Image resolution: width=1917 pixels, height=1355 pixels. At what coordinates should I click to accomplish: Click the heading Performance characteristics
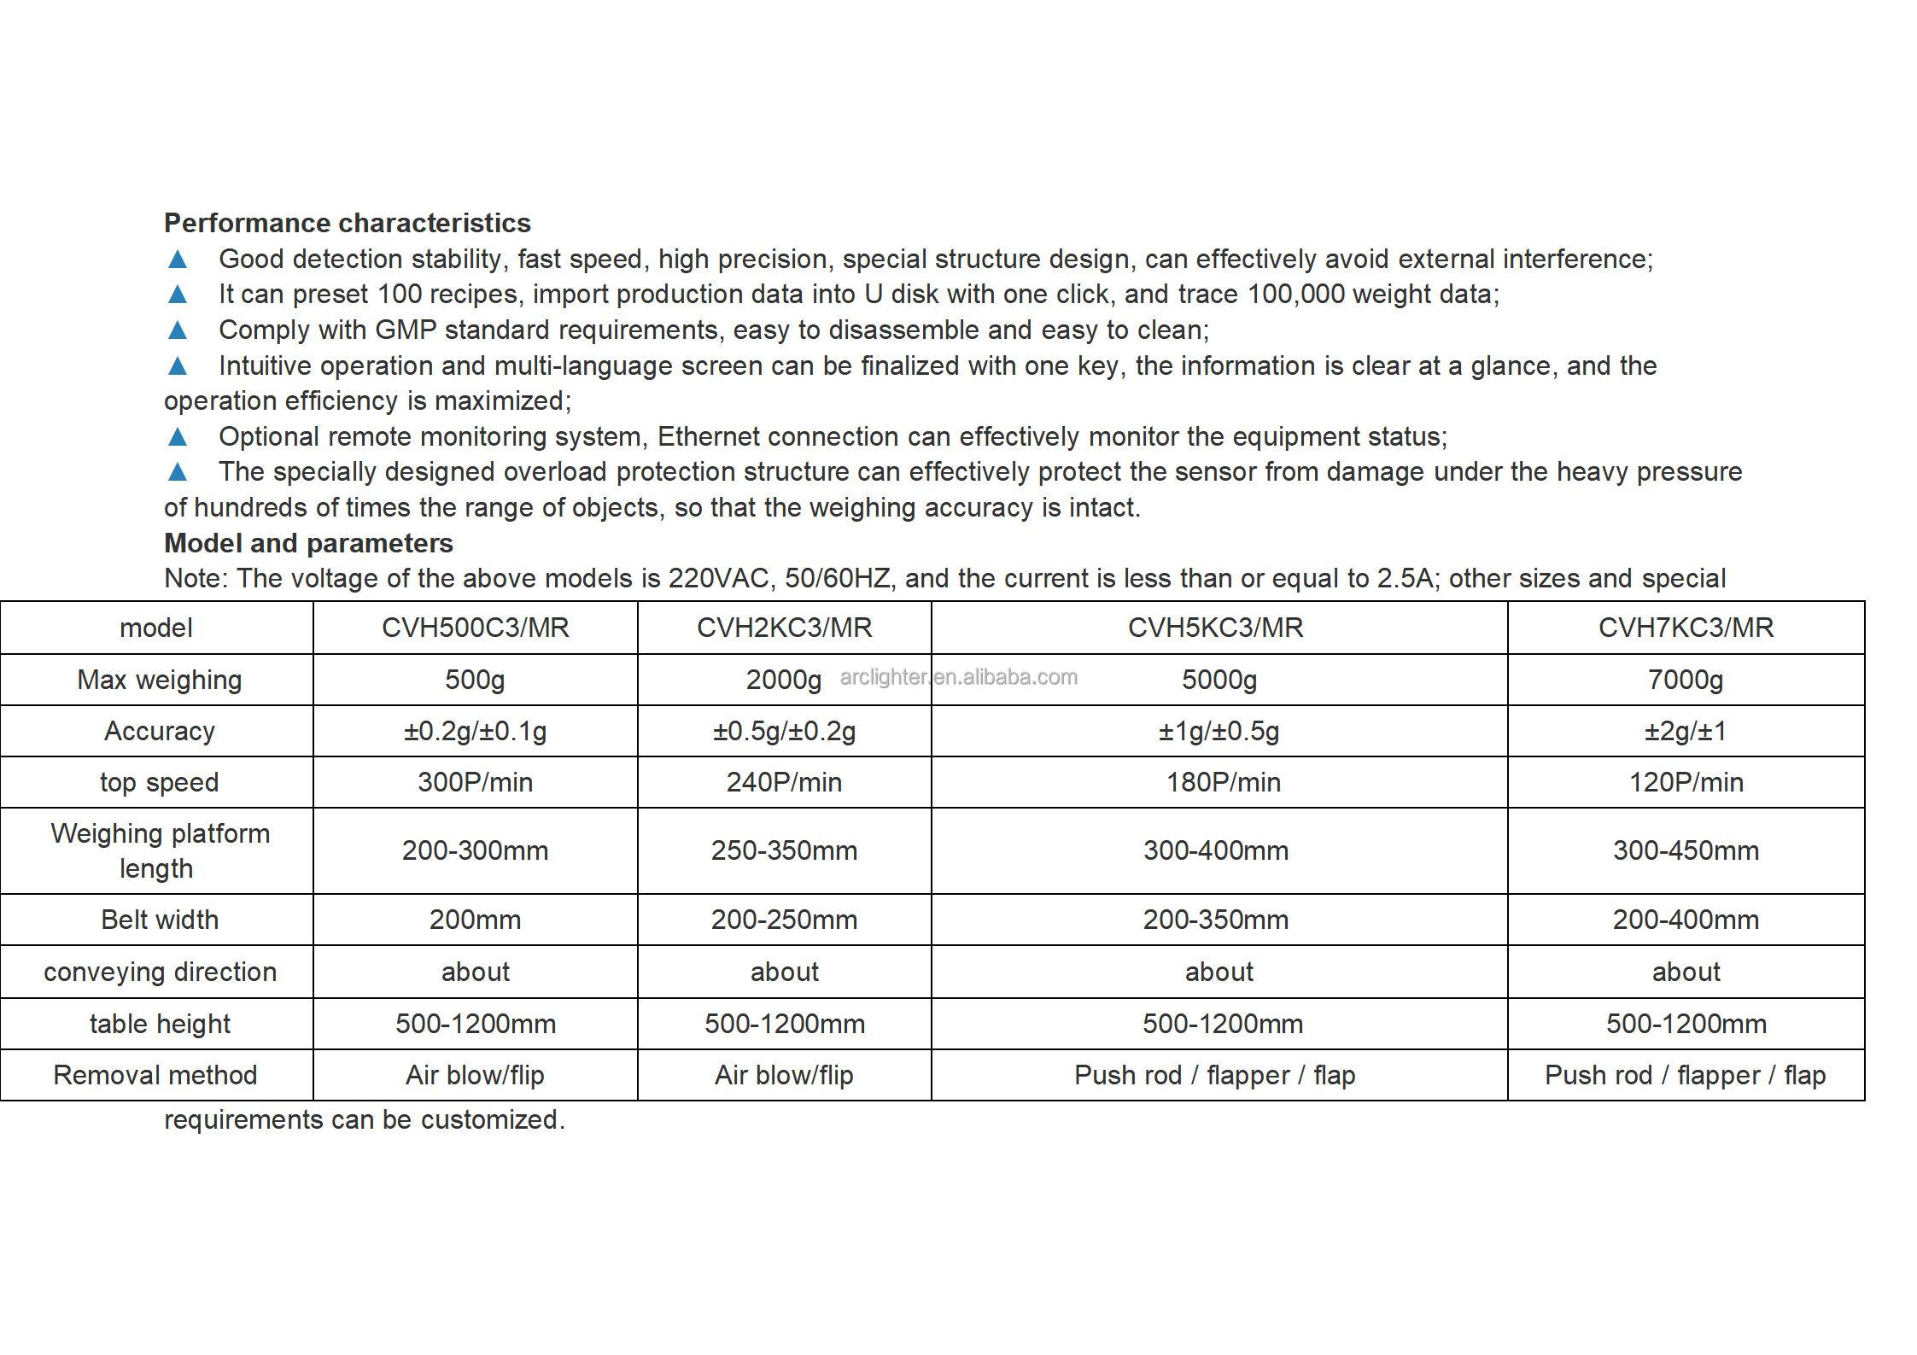[347, 223]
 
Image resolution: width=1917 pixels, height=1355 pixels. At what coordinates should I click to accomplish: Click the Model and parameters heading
[308, 543]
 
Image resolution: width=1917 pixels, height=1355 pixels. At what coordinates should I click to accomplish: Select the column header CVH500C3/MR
[475, 628]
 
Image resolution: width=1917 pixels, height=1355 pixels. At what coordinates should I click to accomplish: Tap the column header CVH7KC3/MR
[1686, 628]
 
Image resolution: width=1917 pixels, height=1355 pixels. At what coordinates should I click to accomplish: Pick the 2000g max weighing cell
[783, 680]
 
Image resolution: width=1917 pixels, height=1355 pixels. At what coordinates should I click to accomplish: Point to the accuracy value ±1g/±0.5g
[1219, 731]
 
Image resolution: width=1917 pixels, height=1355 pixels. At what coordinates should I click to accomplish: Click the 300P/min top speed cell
[475, 782]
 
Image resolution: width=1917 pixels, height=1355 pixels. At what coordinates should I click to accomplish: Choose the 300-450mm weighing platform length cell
[1686, 850]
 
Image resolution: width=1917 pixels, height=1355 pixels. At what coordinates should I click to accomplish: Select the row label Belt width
[160, 920]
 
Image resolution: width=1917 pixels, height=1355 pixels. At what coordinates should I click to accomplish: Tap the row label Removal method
[155, 1075]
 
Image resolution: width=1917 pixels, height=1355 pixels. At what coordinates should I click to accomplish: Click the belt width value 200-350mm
[1215, 920]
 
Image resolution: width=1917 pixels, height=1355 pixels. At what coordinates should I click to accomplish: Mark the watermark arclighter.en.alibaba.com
[958, 677]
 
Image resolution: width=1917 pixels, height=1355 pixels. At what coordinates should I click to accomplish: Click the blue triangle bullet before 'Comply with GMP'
[178, 330]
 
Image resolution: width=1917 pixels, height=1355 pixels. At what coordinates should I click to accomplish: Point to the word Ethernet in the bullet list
[708, 436]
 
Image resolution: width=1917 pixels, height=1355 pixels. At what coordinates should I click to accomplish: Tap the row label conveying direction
[160, 972]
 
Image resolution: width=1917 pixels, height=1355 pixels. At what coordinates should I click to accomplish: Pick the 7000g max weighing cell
[1686, 680]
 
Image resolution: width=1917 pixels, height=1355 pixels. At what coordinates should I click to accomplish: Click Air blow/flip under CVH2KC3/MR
[784, 1075]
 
